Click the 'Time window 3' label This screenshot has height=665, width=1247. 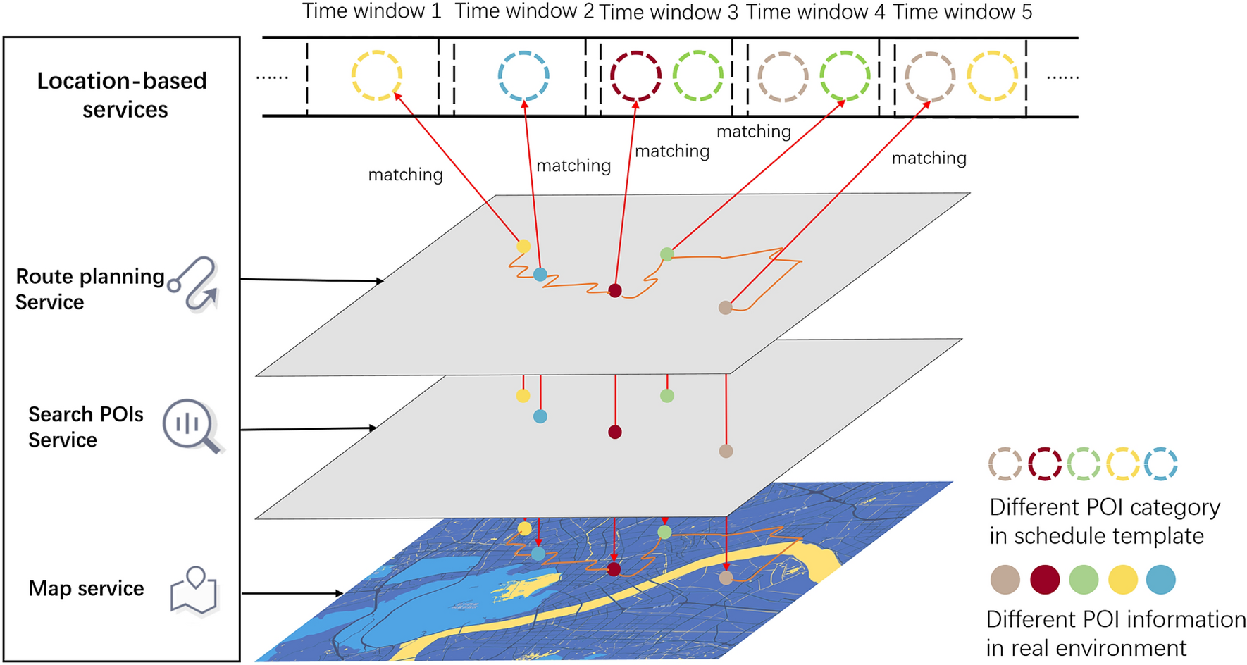[668, 13]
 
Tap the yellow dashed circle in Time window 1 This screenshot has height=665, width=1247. [377, 75]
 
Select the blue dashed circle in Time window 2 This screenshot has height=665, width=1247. [523, 75]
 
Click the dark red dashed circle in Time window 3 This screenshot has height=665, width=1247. [635, 75]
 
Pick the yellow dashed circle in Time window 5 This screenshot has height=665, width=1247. [992, 75]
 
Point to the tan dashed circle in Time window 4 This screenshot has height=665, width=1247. [783, 75]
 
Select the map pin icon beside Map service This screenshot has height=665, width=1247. [194, 591]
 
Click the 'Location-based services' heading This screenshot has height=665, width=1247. [123, 95]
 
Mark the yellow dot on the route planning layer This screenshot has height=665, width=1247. [523, 247]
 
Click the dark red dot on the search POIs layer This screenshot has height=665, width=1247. [615, 432]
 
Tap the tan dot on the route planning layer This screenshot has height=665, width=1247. [725, 307]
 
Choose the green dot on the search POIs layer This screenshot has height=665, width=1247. [667, 396]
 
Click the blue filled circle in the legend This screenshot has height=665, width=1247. [1161, 580]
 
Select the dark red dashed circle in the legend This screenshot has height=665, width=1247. [1045, 464]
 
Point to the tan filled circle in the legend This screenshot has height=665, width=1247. [1005, 580]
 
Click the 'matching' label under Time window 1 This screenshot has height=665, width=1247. [405, 175]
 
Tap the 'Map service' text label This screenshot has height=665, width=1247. [86, 588]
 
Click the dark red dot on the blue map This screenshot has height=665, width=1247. [614, 569]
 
